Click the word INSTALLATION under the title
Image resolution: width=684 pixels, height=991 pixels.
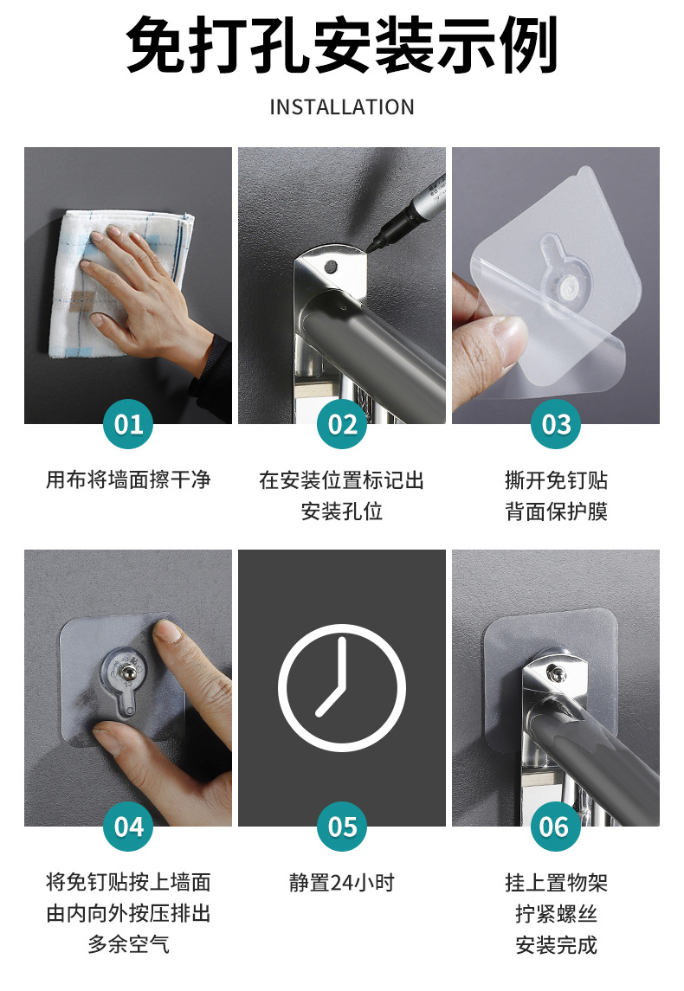point(342,107)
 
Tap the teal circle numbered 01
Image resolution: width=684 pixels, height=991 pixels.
point(128,424)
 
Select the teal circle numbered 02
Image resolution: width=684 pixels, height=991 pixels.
point(342,424)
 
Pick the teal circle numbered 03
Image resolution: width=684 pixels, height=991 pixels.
point(556,424)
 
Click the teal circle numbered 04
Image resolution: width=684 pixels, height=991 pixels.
point(128,827)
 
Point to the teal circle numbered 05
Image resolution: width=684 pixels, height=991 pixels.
point(342,827)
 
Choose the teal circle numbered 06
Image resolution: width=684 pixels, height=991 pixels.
point(556,827)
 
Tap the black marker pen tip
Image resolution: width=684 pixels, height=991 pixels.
point(370,248)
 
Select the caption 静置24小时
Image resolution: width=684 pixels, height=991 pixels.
point(342,882)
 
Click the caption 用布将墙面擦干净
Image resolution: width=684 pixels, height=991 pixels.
point(128,479)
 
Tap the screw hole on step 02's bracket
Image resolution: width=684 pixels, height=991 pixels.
point(329,267)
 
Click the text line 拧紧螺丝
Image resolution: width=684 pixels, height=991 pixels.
point(556,913)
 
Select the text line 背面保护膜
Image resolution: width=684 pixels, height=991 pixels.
point(556,512)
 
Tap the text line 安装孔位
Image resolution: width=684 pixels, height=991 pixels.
point(342,512)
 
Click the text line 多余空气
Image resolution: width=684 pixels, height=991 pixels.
point(128,944)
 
